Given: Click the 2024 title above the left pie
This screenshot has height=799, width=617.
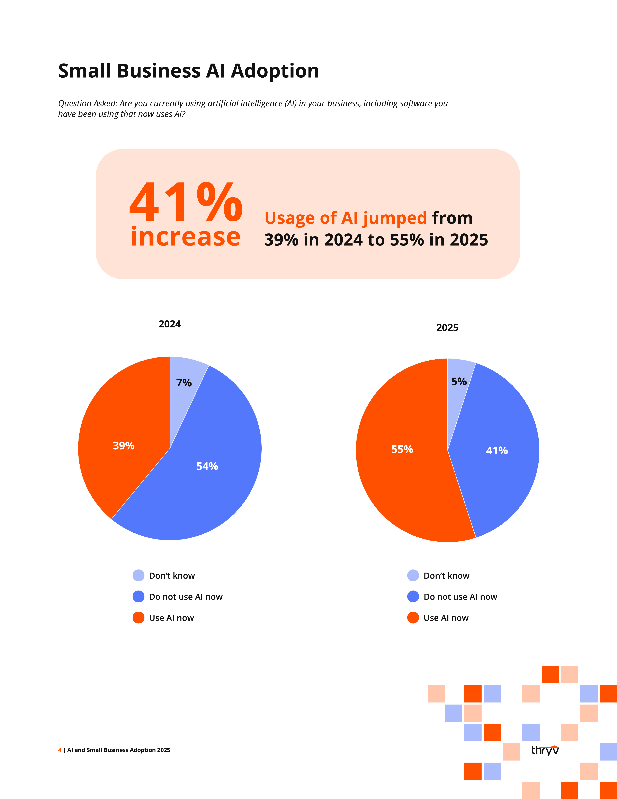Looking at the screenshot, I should point(170,324).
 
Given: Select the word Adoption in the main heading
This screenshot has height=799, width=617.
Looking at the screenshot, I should point(275,71).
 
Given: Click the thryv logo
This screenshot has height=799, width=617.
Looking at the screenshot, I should point(545,750).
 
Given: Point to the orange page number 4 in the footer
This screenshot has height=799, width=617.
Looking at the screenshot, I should point(60,750).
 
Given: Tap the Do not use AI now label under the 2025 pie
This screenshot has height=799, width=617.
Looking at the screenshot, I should point(460,597).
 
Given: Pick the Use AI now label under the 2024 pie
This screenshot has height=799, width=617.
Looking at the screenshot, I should point(171,618).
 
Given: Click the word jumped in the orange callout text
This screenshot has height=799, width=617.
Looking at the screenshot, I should point(395,218).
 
